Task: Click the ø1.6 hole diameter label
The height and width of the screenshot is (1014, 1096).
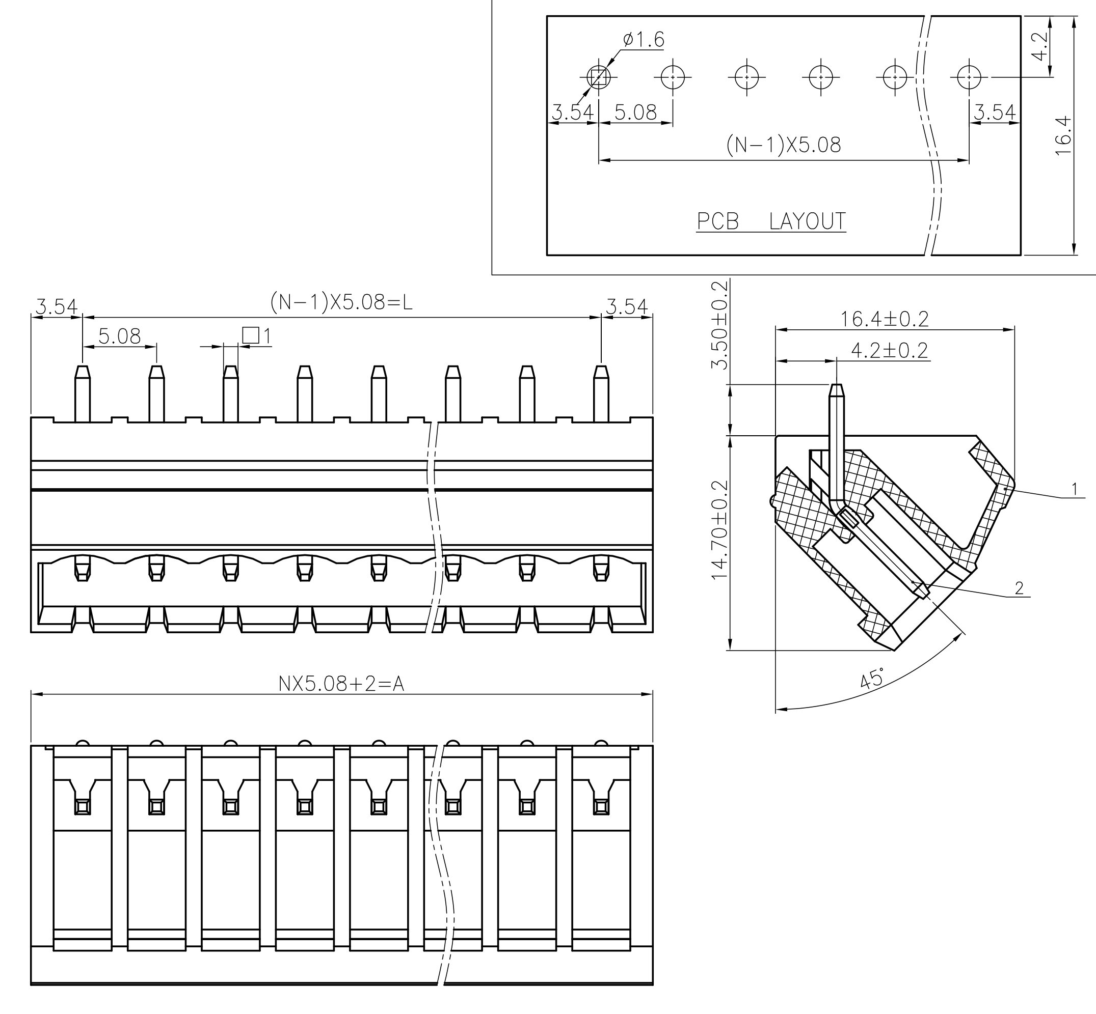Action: [x=644, y=40]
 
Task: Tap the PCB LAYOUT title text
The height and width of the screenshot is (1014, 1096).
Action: [x=771, y=221]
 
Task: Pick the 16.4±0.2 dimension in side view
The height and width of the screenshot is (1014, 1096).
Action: [x=885, y=319]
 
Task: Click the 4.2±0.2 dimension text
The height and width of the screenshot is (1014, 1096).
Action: [x=889, y=351]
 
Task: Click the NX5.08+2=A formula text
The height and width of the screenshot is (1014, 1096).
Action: [x=341, y=684]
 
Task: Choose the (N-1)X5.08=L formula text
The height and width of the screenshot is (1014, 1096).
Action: [x=341, y=302]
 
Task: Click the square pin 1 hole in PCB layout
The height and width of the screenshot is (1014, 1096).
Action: [x=599, y=77]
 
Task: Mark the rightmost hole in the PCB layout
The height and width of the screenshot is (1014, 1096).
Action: [x=969, y=77]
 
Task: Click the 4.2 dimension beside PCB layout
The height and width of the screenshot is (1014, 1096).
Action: [x=1040, y=47]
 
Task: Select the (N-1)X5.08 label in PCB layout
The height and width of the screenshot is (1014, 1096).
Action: [x=784, y=145]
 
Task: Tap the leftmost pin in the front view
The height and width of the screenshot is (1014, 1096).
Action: [x=83, y=393]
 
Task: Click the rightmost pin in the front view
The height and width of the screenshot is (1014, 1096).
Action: [x=601, y=393]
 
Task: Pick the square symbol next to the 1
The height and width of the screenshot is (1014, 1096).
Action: [x=250, y=335]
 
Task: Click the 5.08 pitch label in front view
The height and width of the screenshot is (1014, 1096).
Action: [x=119, y=336]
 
